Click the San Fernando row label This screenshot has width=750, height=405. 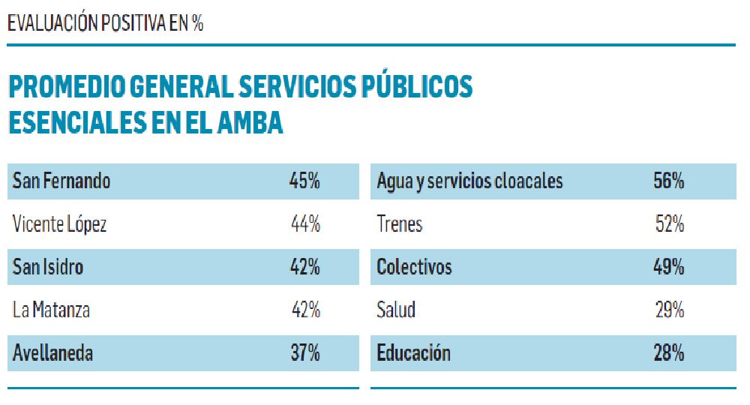point(61,181)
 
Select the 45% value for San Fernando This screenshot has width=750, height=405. point(304,181)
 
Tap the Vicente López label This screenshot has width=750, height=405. point(60,224)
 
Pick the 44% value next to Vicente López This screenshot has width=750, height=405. point(305,224)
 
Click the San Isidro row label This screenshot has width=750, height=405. point(48,267)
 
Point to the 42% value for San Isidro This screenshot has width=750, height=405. point(304,267)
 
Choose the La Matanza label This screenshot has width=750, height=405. point(51,310)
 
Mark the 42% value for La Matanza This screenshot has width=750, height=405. point(305,310)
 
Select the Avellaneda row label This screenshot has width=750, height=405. point(52,352)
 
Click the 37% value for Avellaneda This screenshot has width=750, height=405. point(304,352)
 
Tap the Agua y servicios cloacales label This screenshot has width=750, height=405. point(469,181)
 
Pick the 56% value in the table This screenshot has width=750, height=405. point(668,181)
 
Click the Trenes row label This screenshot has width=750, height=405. point(400,224)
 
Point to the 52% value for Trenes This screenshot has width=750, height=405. point(669,224)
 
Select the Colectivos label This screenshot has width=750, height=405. point(414,267)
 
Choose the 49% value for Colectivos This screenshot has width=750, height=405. point(668,267)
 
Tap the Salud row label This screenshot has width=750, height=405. point(396,310)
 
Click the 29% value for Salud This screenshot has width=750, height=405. point(669,310)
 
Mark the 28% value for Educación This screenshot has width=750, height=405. point(668,352)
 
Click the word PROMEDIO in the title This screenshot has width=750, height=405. point(66,88)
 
